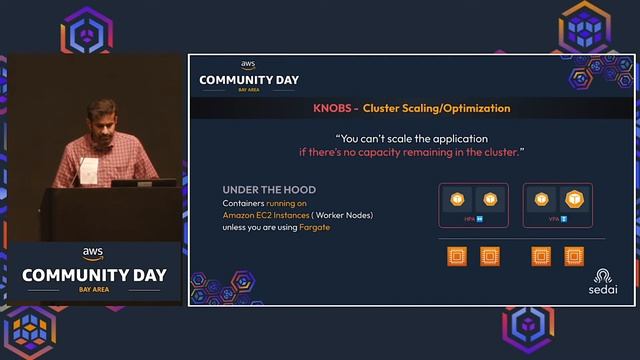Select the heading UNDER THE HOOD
pos(268,190)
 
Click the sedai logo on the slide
pos(603,280)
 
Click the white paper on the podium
pos(89,171)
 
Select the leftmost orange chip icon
pos(457,256)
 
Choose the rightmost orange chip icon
pos(573,256)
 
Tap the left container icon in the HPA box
pos(457,199)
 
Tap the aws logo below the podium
pos(93,253)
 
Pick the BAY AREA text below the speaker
pos(93,289)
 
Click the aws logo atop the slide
pos(248,65)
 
